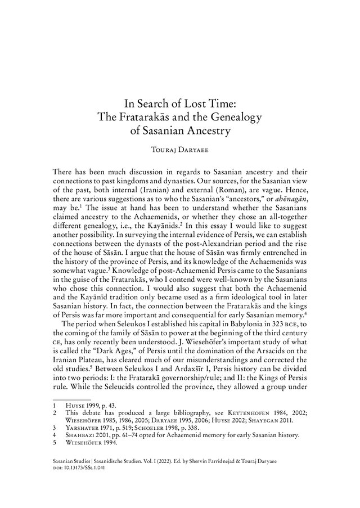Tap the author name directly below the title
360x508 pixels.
(x=180, y=150)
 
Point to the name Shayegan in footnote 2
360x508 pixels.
(x=267, y=421)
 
